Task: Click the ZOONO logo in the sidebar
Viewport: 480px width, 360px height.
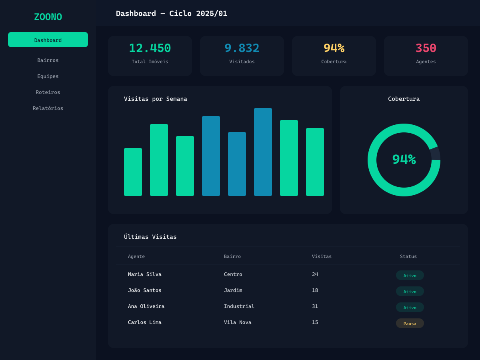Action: click(48, 17)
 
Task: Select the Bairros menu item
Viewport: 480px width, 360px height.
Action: click(48, 60)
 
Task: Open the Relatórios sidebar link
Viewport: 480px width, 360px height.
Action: click(48, 108)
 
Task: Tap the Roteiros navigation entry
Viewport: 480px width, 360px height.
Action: click(48, 92)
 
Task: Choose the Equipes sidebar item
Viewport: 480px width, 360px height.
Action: click(48, 76)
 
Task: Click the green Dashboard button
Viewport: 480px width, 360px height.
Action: click(48, 40)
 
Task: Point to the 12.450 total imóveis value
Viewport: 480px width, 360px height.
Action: click(150, 48)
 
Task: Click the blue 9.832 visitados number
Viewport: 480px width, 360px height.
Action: click(242, 48)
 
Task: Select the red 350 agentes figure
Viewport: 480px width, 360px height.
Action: click(426, 48)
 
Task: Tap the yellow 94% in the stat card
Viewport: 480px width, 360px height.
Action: click(334, 48)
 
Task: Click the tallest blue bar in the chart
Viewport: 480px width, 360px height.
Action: click(263, 152)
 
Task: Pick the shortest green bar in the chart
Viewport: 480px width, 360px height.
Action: click(133, 172)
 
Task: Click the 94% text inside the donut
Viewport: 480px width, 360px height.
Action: click(404, 160)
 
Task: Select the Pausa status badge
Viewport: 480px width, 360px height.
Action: click(410, 323)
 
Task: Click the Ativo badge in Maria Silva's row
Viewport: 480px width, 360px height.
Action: click(410, 275)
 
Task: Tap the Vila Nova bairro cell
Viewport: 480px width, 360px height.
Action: click(238, 322)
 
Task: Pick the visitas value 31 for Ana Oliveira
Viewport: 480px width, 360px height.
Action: click(315, 306)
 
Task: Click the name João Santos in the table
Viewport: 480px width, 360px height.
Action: click(145, 290)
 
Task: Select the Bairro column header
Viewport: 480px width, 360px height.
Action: click(232, 256)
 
